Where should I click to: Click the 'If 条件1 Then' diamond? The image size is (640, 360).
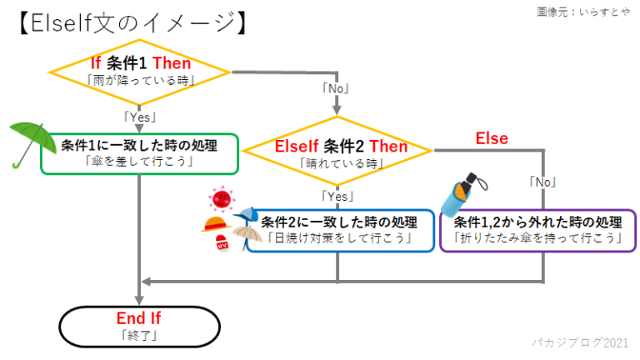pos(140,72)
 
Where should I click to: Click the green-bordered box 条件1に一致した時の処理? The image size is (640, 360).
pos(139,153)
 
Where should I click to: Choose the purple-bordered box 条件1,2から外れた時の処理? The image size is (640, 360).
pos(537,230)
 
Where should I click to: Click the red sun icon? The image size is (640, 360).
pos(221,200)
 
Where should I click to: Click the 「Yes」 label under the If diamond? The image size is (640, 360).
pos(140,117)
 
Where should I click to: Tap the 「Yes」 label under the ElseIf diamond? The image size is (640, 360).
pos(337,197)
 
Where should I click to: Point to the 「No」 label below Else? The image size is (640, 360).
pos(542,180)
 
